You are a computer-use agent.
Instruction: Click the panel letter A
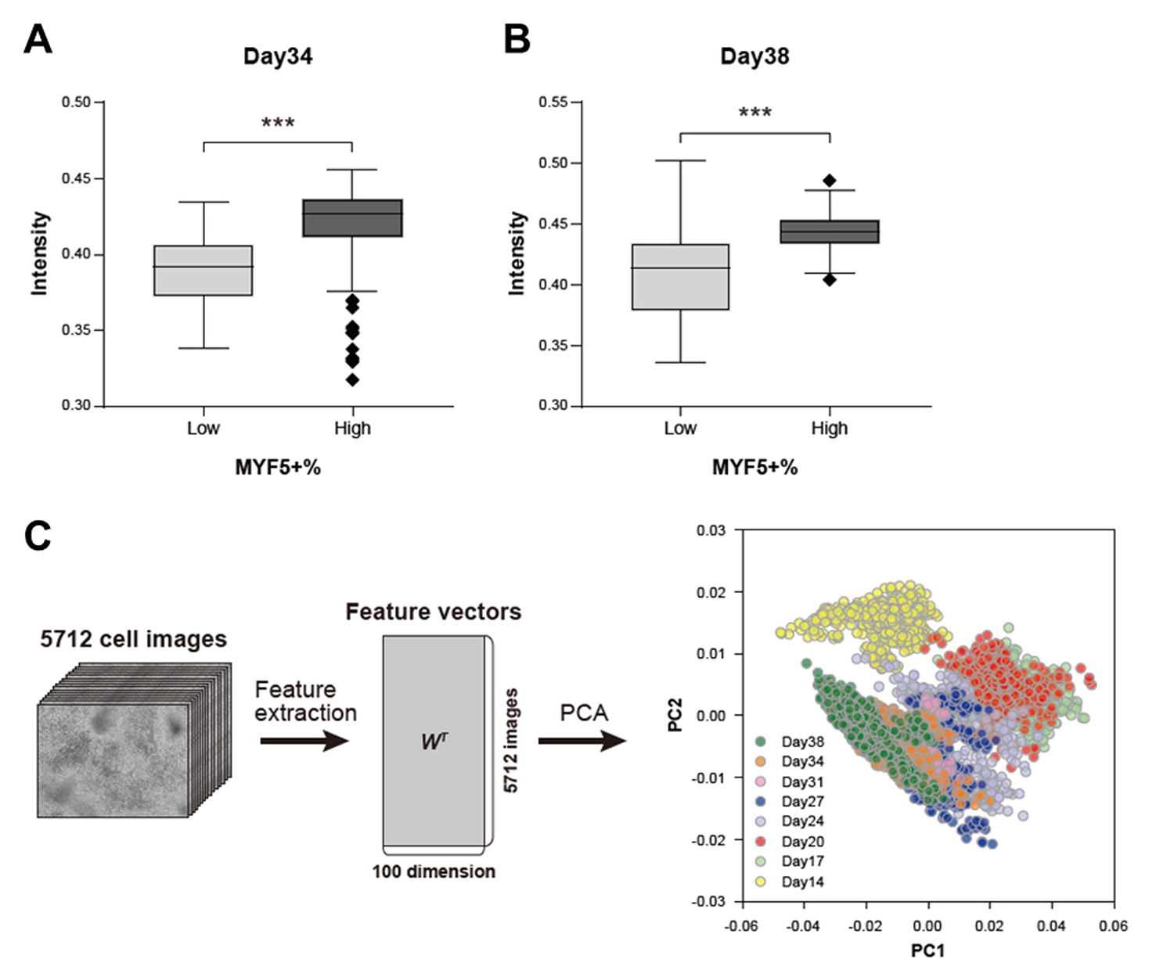pos(38,39)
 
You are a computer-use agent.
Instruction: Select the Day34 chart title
pos(278,56)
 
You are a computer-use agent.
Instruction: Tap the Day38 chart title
pos(754,56)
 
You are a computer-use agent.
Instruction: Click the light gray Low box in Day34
pos(203,271)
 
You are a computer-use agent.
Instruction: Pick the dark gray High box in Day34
pos(352,218)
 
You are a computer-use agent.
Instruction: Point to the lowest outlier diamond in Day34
pos(352,380)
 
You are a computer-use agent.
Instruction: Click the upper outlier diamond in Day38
pos(830,181)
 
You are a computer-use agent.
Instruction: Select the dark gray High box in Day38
pos(830,232)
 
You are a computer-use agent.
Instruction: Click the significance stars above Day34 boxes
pos(278,124)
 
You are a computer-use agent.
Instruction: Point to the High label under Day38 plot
pos(830,428)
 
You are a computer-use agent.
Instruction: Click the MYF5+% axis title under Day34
pos(278,467)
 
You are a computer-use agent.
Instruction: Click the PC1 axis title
pos(927,950)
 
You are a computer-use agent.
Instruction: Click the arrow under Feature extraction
pos(304,740)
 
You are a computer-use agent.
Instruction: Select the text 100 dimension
pos(434,871)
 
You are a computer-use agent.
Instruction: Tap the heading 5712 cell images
pos(134,639)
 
